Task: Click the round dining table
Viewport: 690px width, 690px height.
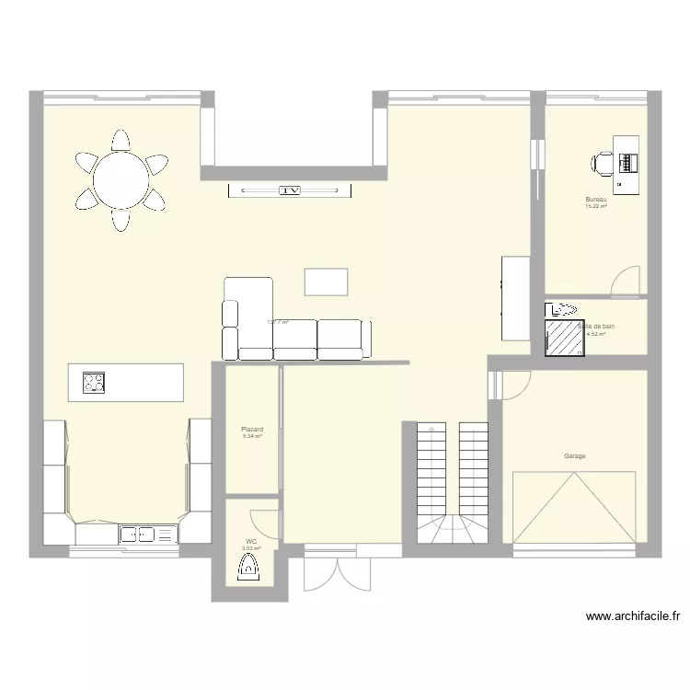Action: point(121,180)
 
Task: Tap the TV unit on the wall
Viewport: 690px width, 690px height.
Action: point(291,190)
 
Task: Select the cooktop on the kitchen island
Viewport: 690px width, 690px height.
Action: point(94,382)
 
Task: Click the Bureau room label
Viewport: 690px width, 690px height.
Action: point(597,200)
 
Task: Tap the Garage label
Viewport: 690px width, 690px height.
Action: point(575,455)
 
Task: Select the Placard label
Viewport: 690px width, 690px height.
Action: point(252,429)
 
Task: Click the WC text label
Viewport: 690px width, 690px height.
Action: point(250,541)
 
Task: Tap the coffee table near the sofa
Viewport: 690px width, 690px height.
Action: point(327,282)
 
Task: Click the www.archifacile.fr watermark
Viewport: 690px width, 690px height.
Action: point(632,617)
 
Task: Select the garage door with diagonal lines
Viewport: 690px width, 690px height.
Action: point(574,508)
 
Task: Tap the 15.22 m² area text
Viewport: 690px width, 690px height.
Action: point(596,206)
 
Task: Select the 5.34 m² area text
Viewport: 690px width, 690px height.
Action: point(252,436)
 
